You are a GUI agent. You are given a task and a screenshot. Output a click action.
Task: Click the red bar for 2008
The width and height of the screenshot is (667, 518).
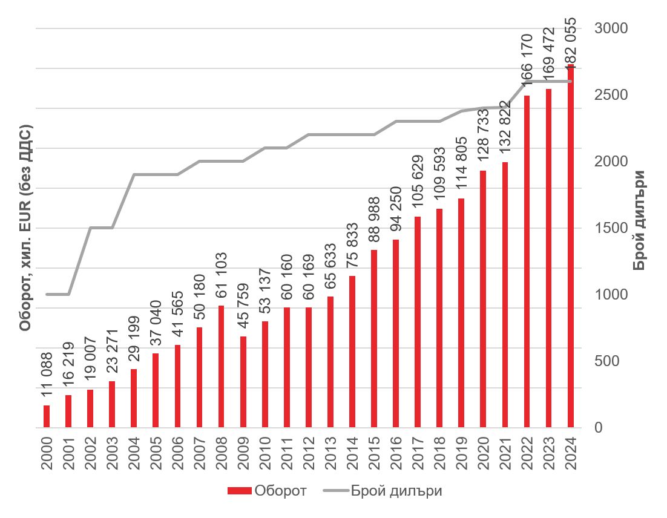coord(222,367)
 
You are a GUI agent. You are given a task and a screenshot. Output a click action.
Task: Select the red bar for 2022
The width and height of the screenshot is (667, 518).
coord(527,261)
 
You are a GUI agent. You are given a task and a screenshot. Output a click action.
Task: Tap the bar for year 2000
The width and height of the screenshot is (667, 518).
coord(47,416)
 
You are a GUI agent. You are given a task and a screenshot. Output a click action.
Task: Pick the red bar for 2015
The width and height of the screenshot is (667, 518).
coord(374,339)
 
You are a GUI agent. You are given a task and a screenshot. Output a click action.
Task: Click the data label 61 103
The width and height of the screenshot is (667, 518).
coord(221,277)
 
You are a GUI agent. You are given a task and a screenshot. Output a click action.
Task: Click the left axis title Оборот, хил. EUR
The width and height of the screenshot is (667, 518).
coord(25,229)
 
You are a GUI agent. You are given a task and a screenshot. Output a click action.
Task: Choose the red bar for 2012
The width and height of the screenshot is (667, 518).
coord(309,367)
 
